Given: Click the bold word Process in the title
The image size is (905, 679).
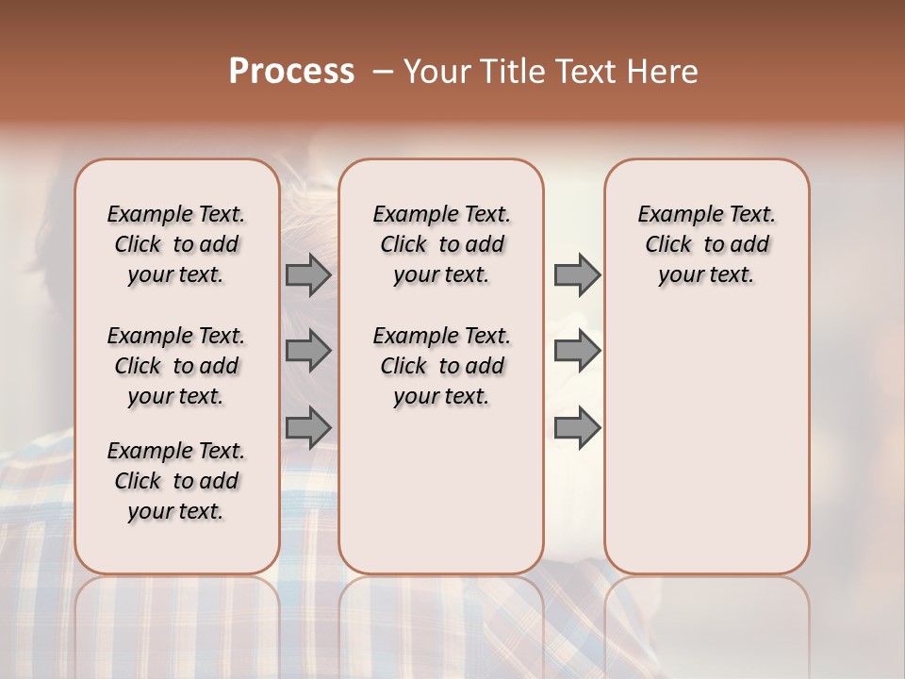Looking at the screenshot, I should coord(291,72).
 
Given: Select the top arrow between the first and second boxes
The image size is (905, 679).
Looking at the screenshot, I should coord(307,275).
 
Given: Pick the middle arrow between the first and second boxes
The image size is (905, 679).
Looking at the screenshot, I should coord(307,351).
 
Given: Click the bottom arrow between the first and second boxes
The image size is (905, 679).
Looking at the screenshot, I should coord(307,427).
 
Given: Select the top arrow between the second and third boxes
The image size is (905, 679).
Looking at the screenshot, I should coord(577,275).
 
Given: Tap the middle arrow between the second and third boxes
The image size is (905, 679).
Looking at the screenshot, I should coord(577,351).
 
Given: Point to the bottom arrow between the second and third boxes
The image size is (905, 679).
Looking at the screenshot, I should coord(577,427).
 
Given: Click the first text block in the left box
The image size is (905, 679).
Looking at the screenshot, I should coord(176,244).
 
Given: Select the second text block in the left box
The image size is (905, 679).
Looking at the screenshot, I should coord(176,366).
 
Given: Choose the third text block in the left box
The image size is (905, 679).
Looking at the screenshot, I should coord(176,481).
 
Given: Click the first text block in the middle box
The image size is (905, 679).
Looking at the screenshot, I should coord(441,244).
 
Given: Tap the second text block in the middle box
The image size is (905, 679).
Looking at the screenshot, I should coord(441,366).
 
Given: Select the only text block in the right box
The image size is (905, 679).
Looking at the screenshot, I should coord(706,244).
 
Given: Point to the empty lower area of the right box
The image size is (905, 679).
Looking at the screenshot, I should coord(706,443).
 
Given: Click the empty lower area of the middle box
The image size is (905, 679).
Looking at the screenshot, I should coord(441,490).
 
